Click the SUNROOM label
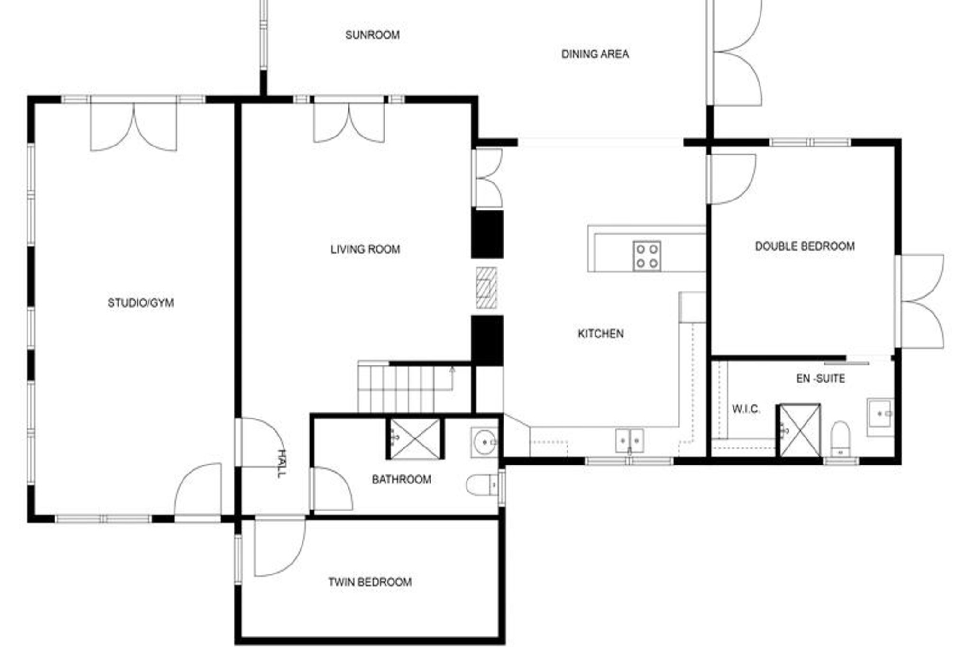pos(372,35)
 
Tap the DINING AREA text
pos(595,54)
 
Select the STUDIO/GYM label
pos(141,303)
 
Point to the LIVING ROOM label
pos(365,249)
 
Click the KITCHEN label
pos(601,334)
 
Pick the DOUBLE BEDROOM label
pos(805,246)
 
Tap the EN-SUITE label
pos(820,378)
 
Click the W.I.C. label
pos(746,409)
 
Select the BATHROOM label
pos(401,480)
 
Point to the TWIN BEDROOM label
pos(370,582)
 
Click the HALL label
pos(282,464)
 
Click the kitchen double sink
pos(629,441)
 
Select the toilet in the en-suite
pos(840,438)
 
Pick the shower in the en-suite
pos(800,430)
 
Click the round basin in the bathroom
pos(485,442)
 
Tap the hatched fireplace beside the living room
pos(486,288)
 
